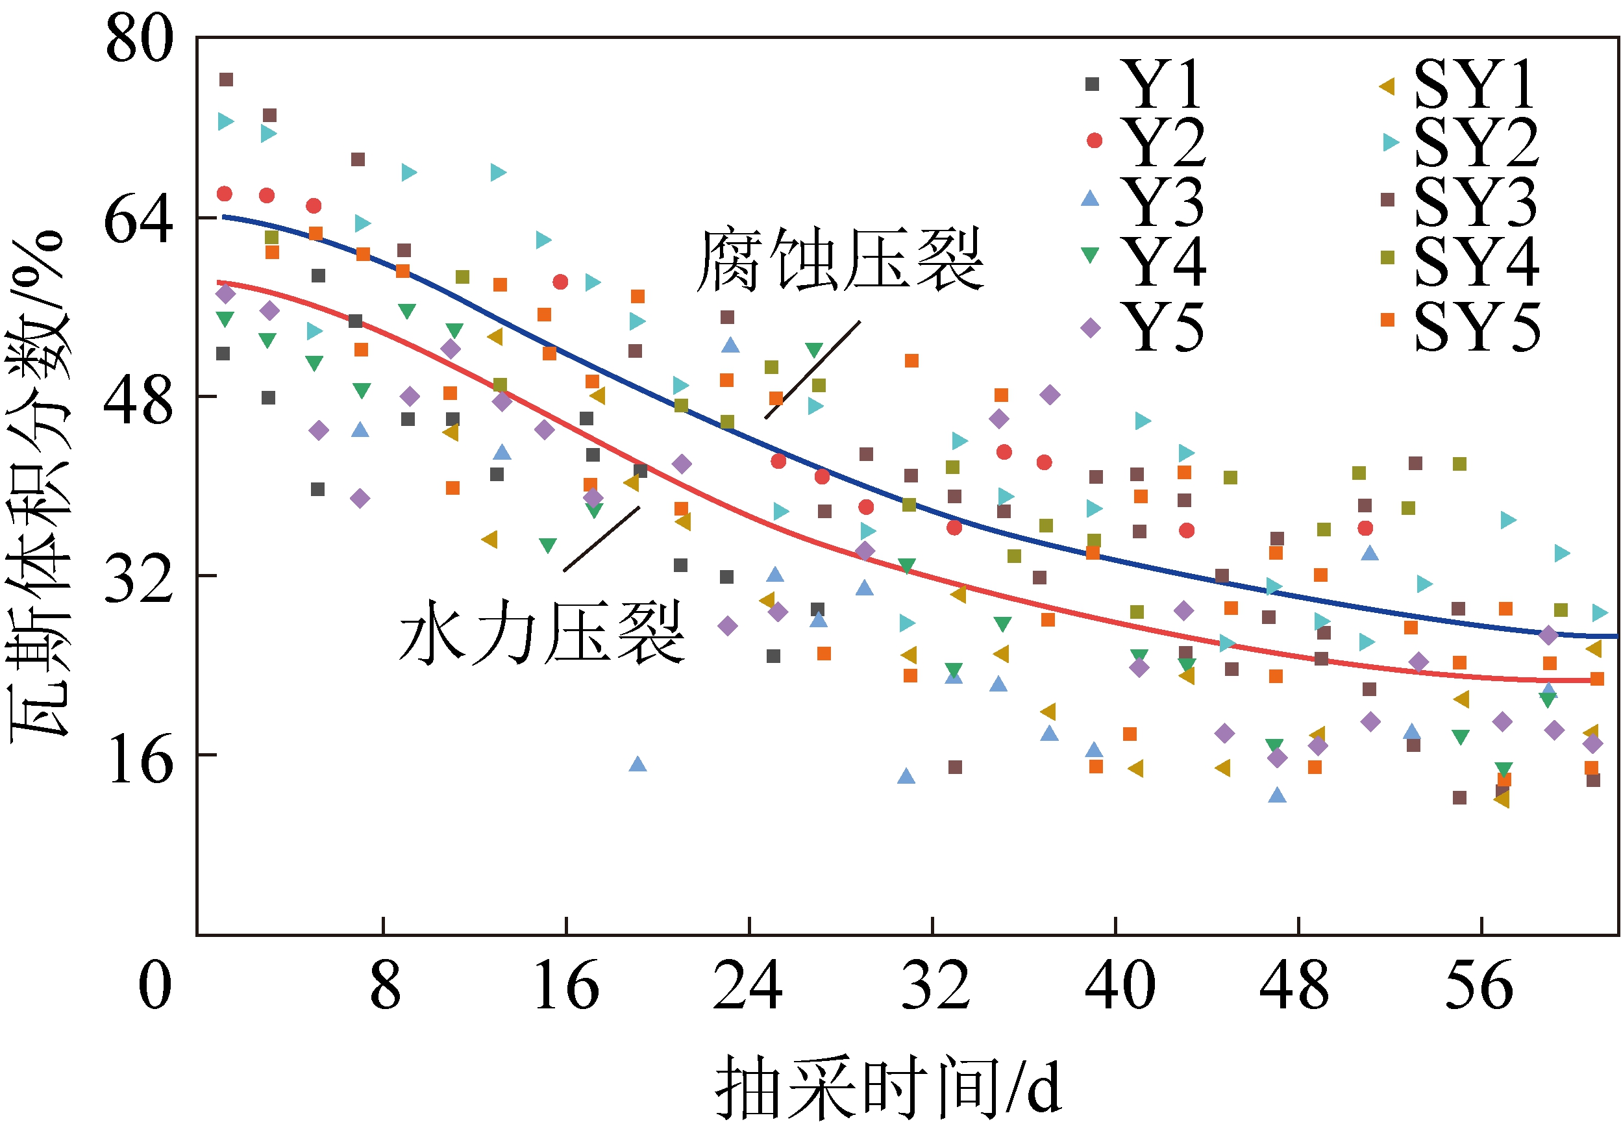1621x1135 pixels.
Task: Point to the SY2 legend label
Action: (x=1476, y=143)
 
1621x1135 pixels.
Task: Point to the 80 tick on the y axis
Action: (x=138, y=39)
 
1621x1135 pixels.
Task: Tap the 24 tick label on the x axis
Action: (x=748, y=985)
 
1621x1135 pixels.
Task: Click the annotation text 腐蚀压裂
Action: (x=839, y=259)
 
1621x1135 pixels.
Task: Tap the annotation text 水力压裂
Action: (x=541, y=632)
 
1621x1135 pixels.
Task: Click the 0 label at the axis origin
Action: (x=155, y=985)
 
